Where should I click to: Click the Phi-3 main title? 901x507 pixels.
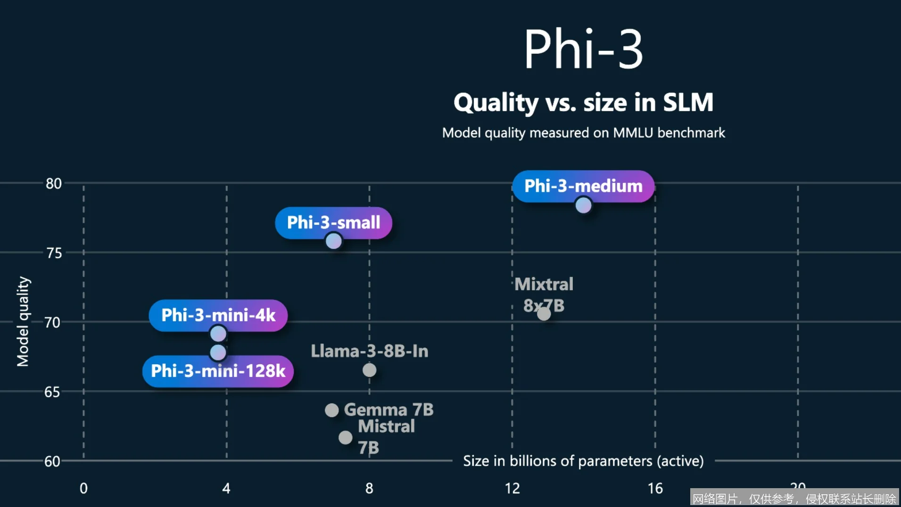[x=583, y=49]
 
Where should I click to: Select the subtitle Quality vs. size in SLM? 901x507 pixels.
[x=583, y=102]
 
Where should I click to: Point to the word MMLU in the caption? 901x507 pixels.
[x=633, y=133]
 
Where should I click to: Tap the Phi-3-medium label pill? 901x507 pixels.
[x=583, y=186]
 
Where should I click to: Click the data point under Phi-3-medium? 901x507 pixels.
[x=583, y=205]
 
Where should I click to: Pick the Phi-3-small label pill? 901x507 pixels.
[x=333, y=222]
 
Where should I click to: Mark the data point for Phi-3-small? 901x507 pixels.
[x=333, y=241]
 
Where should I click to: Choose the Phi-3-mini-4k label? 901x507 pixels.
[x=218, y=315]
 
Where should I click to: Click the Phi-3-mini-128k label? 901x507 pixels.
[x=218, y=371]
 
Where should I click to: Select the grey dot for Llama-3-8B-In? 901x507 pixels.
[x=369, y=370]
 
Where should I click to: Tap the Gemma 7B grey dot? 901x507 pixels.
[x=331, y=410]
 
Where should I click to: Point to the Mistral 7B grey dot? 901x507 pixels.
[x=345, y=438]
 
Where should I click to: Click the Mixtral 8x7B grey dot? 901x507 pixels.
[x=544, y=314]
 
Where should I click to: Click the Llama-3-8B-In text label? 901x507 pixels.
[x=369, y=351]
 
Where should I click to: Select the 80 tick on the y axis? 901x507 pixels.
[x=54, y=184]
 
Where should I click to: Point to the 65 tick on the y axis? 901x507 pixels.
[x=52, y=392]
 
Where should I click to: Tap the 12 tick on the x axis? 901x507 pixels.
[x=512, y=488]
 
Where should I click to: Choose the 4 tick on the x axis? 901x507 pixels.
[x=226, y=488]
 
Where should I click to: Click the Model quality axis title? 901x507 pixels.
[x=23, y=321]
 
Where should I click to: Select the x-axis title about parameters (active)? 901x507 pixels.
[x=583, y=461]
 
